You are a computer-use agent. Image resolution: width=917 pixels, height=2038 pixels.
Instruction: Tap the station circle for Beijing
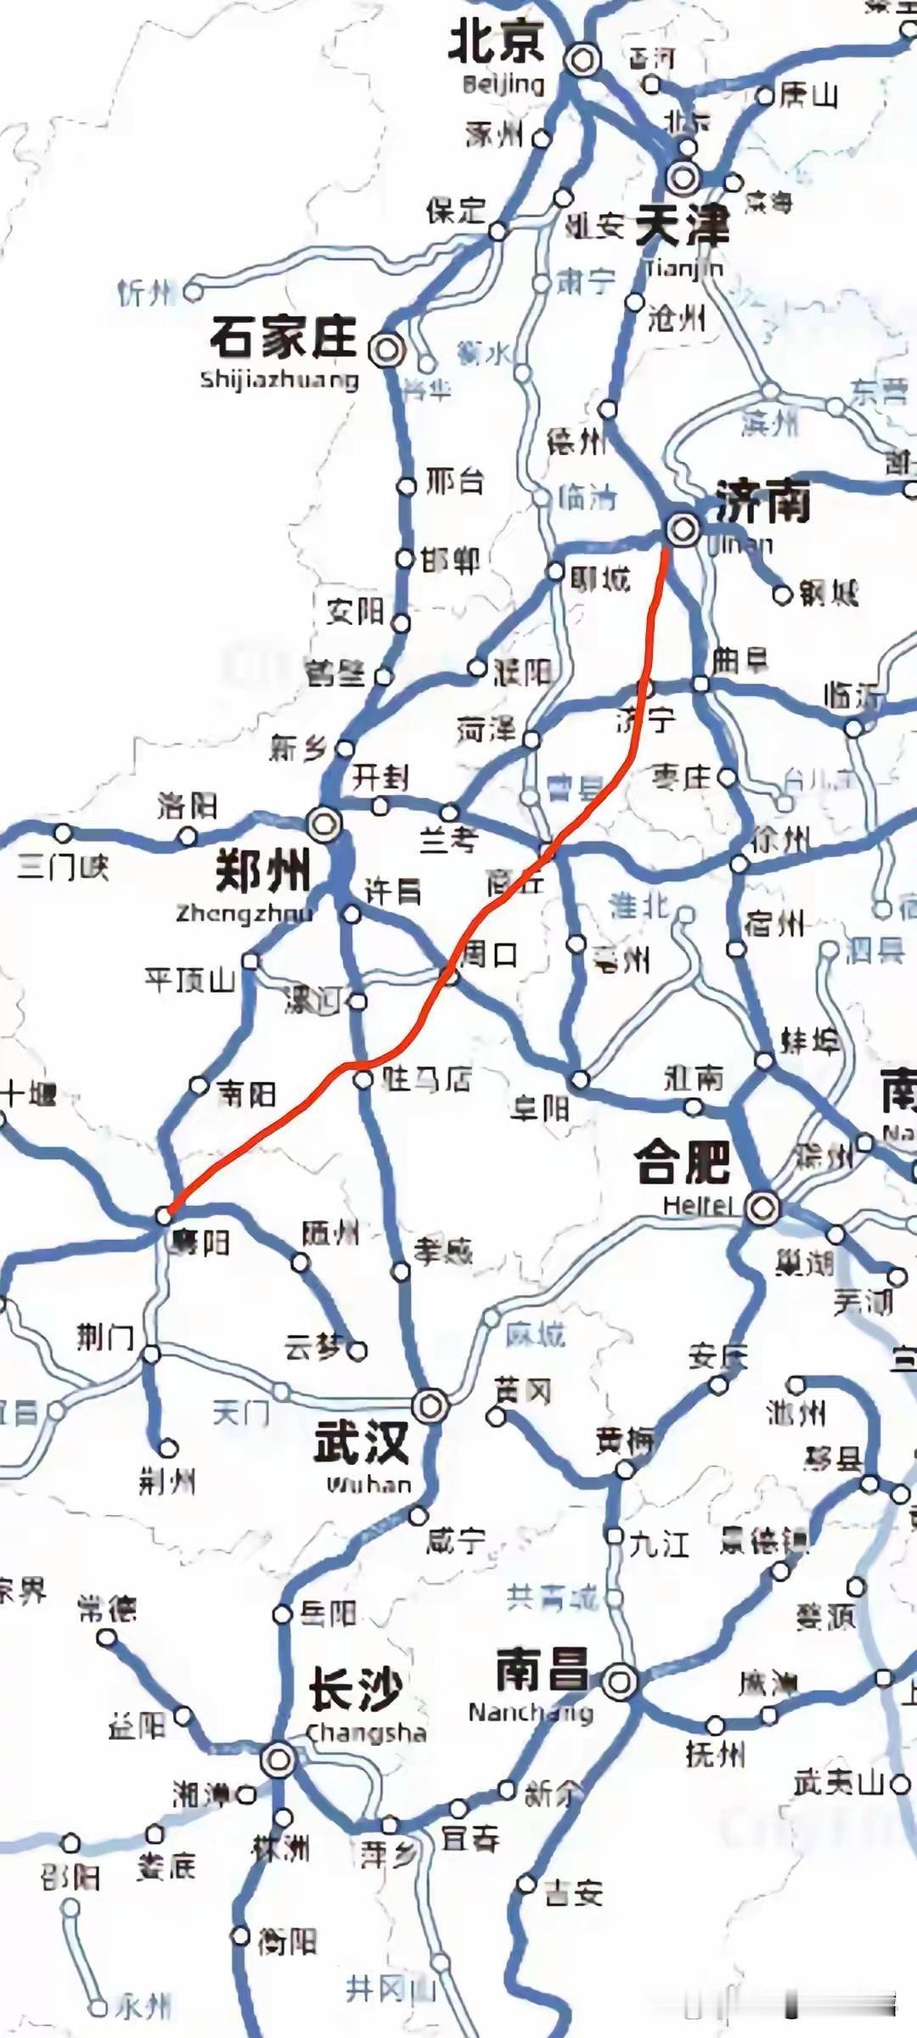pos(584,59)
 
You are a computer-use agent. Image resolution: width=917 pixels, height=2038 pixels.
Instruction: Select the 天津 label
pos(683,225)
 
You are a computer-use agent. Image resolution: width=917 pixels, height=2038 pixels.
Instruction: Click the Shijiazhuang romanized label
pos(279,379)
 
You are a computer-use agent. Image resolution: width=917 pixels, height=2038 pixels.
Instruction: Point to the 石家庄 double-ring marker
pos(386,348)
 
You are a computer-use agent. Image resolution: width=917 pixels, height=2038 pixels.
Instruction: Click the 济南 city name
pos(762,501)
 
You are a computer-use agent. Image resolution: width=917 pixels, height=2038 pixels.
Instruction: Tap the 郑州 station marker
pos(324,823)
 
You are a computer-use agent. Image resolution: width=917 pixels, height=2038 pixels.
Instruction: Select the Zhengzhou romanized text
pos(245,914)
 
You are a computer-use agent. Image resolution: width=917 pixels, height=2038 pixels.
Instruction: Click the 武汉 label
pos(361,1443)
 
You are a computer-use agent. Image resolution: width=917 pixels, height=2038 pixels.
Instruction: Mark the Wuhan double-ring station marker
pos(430,1405)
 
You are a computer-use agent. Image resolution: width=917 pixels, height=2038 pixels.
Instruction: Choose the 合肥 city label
pos(682,1163)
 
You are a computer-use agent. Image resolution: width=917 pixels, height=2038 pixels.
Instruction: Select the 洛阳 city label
pos(188,805)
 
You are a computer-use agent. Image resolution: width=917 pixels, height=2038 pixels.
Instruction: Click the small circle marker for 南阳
pos(198,1085)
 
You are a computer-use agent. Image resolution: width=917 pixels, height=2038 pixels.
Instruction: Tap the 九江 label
pos(659,1544)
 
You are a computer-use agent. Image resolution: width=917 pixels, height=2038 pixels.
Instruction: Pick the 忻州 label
pos(147,293)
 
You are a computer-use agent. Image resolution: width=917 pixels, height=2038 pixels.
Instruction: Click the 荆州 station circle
pos(169,1447)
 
